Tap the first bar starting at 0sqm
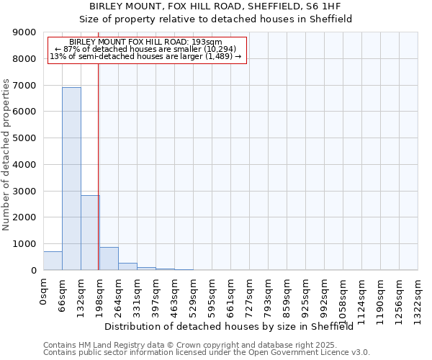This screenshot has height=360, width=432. click(53, 261)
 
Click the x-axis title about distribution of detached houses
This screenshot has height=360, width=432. click(234, 327)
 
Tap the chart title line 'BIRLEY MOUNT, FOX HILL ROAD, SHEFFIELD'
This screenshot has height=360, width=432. click(215, 6)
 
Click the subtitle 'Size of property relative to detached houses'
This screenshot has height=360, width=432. click(215, 19)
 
